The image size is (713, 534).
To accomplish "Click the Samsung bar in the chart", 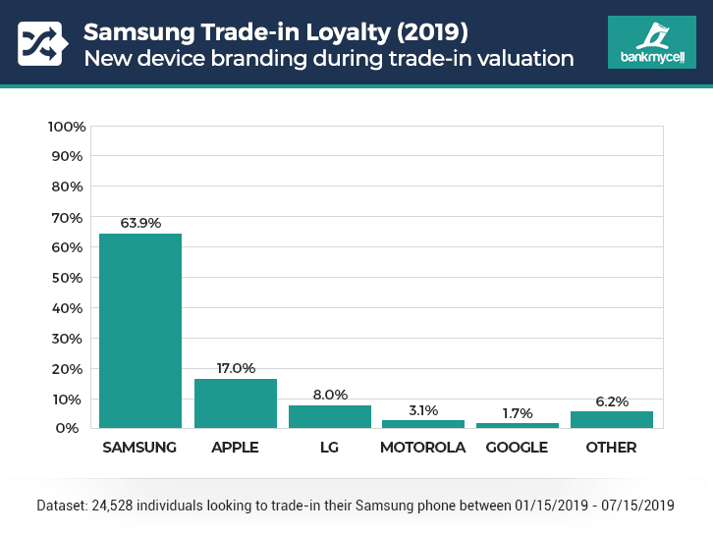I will (x=140, y=331).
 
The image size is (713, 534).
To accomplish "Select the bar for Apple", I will (x=235, y=403).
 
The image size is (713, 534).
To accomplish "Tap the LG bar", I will (x=329, y=417).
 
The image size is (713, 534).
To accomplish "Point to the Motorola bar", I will (x=423, y=424).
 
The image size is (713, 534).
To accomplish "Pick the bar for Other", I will (x=612, y=420).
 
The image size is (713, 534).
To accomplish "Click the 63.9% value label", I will (x=140, y=223).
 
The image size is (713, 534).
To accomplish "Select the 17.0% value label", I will (x=235, y=368).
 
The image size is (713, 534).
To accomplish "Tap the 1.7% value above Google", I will (x=518, y=412).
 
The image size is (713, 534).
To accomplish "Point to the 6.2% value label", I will (x=612, y=400).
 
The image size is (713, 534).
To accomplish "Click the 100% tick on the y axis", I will (x=67, y=127).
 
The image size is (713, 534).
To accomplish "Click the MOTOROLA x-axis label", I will (x=423, y=448).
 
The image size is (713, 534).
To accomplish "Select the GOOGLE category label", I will (x=518, y=448).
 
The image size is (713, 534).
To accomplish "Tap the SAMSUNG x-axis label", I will (x=140, y=448).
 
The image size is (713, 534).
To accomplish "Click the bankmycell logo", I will (x=651, y=42).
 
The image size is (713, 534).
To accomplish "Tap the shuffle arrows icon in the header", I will (x=40, y=42).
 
